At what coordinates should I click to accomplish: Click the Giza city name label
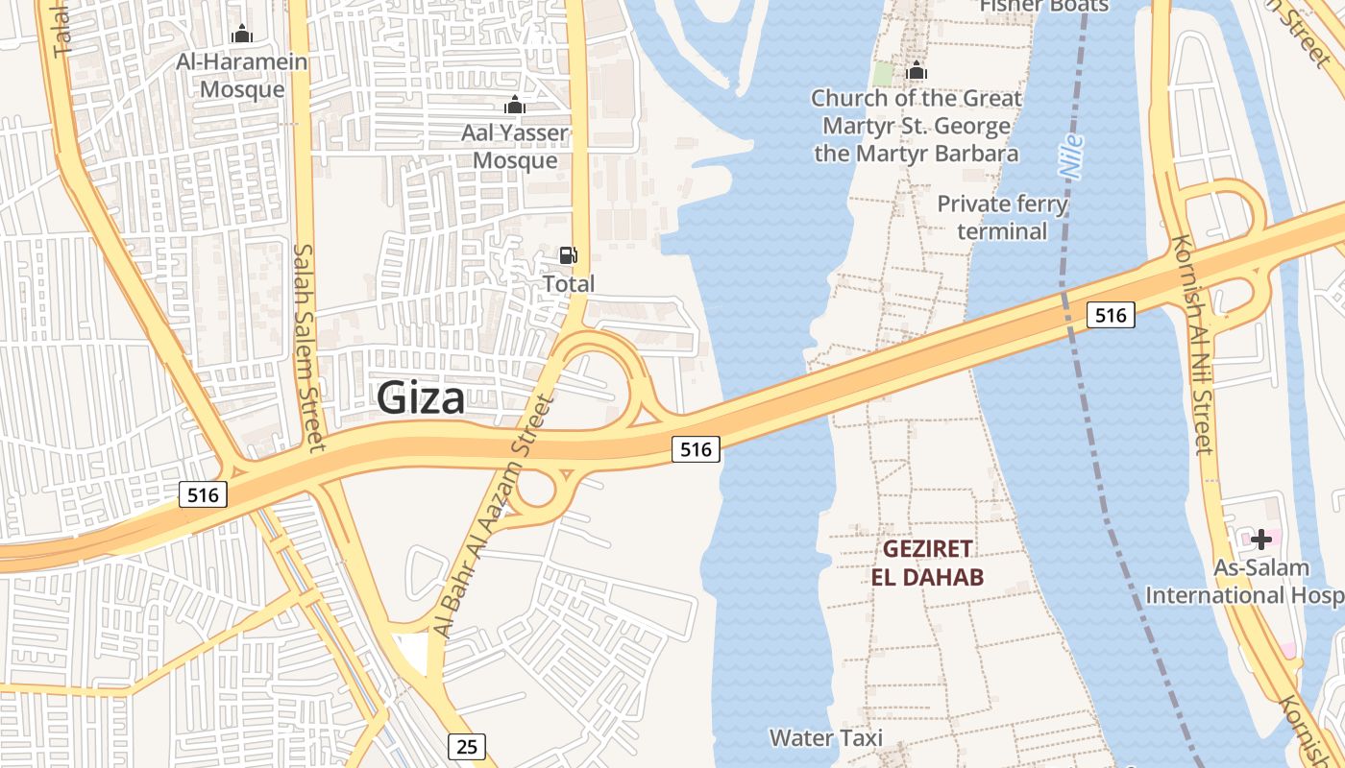[421, 397]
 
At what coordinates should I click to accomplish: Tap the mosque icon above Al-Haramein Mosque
[242, 35]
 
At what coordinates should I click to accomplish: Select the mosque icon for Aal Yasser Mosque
[515, 105]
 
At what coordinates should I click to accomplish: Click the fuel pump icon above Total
[569, 255]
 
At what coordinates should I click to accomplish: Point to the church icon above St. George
[917, 70]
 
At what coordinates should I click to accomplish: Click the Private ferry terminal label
[1002, 218]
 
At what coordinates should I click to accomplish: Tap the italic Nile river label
[1071, 156]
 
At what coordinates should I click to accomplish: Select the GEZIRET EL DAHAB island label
[928, 563]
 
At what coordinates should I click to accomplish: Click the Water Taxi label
[826, 737]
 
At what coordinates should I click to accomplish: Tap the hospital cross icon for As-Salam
[1260, 540]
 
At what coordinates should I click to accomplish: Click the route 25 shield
[466, 746]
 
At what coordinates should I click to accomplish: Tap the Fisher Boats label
[1043, 6]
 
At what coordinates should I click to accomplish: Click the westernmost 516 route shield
[204, 494]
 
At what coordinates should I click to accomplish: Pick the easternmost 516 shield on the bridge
[1111, 314]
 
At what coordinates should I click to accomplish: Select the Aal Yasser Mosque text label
[515, 146]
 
